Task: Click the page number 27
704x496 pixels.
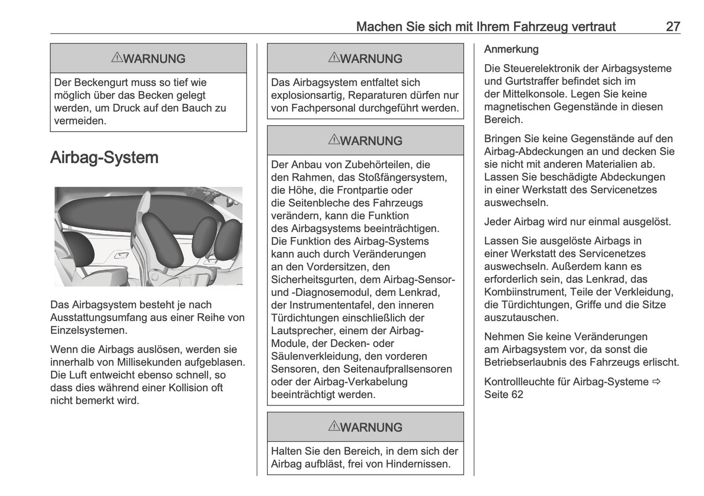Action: (672, 26)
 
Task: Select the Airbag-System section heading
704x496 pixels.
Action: (104, 157)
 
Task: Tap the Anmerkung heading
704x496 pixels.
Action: (511, 49)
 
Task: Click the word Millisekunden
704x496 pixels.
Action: (149, 362)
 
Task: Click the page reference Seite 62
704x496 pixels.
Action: (503, 394)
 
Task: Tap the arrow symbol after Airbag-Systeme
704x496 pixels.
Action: (657, 382)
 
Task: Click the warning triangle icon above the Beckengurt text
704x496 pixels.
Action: (116, 58)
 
